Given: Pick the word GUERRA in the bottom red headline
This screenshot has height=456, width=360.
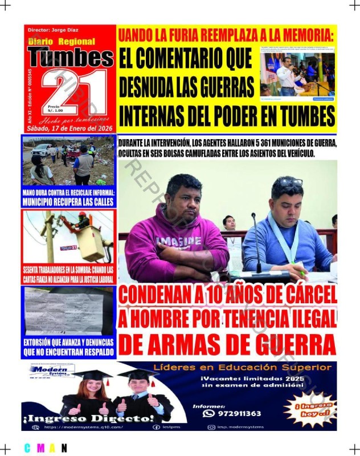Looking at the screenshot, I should pos(294,344).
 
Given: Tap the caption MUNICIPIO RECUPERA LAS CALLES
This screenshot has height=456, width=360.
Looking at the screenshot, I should pos(68,202).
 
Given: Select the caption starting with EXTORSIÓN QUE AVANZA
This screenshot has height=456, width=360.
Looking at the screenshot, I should pos(68,347).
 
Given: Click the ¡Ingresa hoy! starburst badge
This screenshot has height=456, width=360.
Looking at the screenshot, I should pos(316,408).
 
